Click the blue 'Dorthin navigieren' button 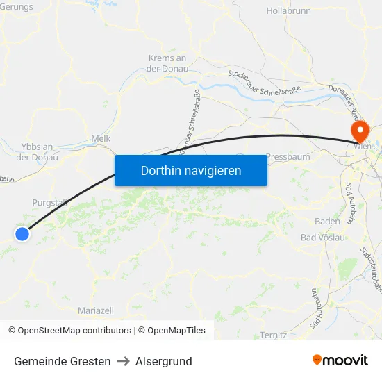(x=191, y=170)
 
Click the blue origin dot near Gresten (x=22, y=234)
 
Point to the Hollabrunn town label (x=288, y=11)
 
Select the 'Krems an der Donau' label (x=167, y=63)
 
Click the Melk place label (x=101, y=139)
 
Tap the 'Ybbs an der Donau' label (x=38, y=152)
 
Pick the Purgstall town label (x=49, y=203)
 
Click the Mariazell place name (x=97, y=310)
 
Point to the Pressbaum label (x=288, y=157)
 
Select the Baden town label (x=327, y=222)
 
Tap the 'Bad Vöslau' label (x=323, y=238)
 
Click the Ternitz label (x=273, y=335)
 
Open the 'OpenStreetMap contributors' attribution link (x=74, y=331)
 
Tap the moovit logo (x=340, y=360)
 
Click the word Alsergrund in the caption (x=164, y=361)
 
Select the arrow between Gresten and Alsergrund (x=123, y=361)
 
